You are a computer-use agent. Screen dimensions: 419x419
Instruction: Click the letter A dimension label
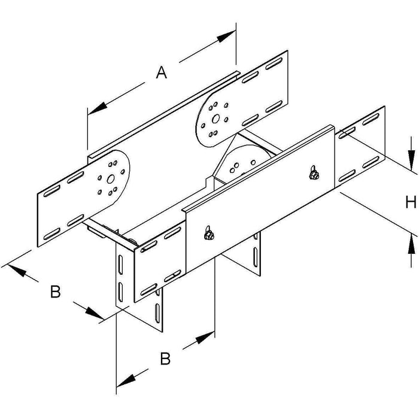[x=162, y=72]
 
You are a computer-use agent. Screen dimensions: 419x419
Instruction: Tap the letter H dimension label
[x=411, y=202]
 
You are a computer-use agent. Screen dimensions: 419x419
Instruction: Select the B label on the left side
[x=55, y=292]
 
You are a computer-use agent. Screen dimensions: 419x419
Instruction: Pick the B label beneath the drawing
[x=165, y=359]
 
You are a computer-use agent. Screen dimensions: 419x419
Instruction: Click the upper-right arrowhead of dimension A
[x=226, y=37]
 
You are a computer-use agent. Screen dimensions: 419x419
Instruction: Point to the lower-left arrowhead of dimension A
[x=98, y=108]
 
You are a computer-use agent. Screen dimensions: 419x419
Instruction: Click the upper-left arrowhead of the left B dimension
[x=17, y=270]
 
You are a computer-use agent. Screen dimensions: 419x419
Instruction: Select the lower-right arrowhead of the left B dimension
[x=95, y=313]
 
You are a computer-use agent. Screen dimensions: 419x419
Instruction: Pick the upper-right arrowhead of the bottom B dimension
[x=205, y=338]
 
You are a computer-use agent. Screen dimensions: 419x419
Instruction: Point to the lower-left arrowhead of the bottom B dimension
[x=126, y=380]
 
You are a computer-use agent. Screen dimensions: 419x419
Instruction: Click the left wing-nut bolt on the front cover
[x=209, y=234]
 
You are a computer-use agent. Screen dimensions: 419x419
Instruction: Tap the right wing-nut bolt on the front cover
[x=314, y=174]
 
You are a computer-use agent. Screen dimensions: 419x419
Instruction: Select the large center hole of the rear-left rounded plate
[x=110, y=179]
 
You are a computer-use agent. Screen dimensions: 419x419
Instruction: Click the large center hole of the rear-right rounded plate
[x=215, y=119]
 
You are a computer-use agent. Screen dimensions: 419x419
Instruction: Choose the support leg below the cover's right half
[x=241, y=253]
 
